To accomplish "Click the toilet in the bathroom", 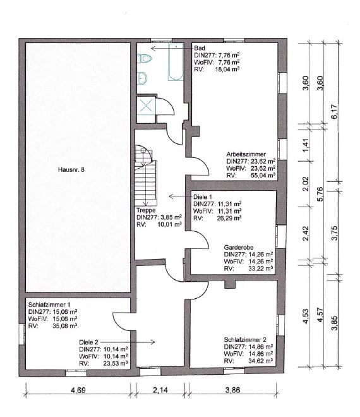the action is coord(145,59).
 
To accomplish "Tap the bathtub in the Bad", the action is coord(176,62).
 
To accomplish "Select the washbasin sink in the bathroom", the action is coord(142,78).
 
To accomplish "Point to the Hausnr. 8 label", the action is coord(71,169).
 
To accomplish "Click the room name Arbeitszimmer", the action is coord(246,154).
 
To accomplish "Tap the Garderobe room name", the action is coord(239,247).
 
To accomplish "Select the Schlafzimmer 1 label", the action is coord(49,305).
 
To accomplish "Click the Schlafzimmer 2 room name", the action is coord(245,340).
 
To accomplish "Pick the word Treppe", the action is coord(146,210).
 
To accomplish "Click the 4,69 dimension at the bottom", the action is coord(78,390).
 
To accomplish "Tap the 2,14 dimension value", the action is coord(160,390).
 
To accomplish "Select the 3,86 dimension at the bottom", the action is coord(232,390).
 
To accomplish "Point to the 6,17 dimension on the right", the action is coord(335,111).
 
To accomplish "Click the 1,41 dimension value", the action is coord(306,145).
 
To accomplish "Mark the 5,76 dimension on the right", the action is coord(320,194).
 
